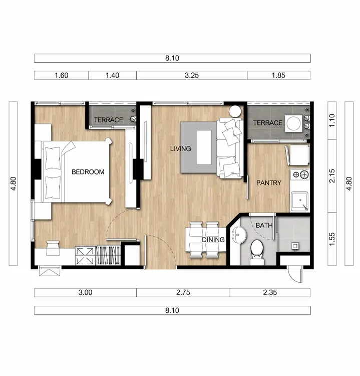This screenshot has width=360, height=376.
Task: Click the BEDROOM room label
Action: coord(88,172)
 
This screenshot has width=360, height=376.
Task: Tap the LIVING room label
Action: coord(181,149)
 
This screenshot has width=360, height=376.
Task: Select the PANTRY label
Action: coord(269,183)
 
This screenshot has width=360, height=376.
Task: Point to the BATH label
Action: coord(264,226)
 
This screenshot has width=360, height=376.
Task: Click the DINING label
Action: coord(213,240)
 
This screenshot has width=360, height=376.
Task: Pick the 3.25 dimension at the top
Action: coord(192,75)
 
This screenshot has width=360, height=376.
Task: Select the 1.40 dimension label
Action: coord(112,75)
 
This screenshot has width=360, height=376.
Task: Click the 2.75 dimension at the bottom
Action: coord(183,292)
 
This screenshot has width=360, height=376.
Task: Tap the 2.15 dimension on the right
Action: coord(332,176)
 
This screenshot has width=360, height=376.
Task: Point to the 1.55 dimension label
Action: coord(332,239)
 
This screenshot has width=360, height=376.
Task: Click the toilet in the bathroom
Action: coord(257,252)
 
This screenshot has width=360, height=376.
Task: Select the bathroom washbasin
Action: coord(239,235)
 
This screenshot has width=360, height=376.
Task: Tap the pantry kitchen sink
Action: coord(299,202)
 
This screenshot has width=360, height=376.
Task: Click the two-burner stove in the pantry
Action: coord(299,174)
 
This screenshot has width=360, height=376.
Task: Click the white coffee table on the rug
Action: coord(204,147)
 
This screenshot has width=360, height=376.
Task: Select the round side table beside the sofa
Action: coord(235,111)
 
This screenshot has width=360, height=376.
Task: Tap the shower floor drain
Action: coord(295,246)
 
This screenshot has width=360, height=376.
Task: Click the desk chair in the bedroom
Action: coord(53,248)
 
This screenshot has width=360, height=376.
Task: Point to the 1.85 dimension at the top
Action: coord(278,75)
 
